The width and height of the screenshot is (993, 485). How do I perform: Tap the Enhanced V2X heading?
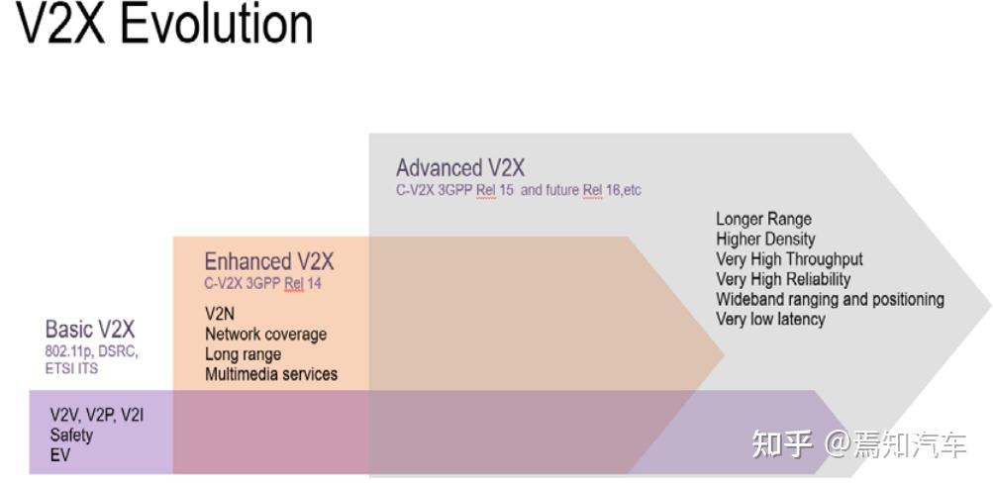[x=269, y=261]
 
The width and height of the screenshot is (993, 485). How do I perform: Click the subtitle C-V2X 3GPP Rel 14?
[x=262, y=284]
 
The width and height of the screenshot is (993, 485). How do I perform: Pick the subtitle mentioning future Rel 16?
[x=519, y=190]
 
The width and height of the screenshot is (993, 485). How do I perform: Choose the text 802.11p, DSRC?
[x=92, y=351]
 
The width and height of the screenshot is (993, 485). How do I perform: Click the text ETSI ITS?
[x=72, y=368]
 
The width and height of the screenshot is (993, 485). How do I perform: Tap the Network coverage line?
[x=265, y=334]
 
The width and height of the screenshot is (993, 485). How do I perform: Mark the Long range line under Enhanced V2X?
[x=243, y=353]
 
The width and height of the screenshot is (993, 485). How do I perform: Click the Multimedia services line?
[x=271, y=374]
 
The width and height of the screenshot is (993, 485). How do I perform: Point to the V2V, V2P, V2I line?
[x=96, y=415]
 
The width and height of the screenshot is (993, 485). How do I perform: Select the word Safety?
[x=71, y=435]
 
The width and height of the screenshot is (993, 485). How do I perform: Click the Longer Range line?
[x=763, y=219]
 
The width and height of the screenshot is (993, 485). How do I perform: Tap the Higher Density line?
[x=765, y=239]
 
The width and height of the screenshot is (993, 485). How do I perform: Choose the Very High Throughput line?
[x=789, y=259]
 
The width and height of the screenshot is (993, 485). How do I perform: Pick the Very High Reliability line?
[x=783, y=279]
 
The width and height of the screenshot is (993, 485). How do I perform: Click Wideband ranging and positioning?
[x=830, y=299]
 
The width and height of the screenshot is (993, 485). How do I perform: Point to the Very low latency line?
[x=770, y=319]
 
